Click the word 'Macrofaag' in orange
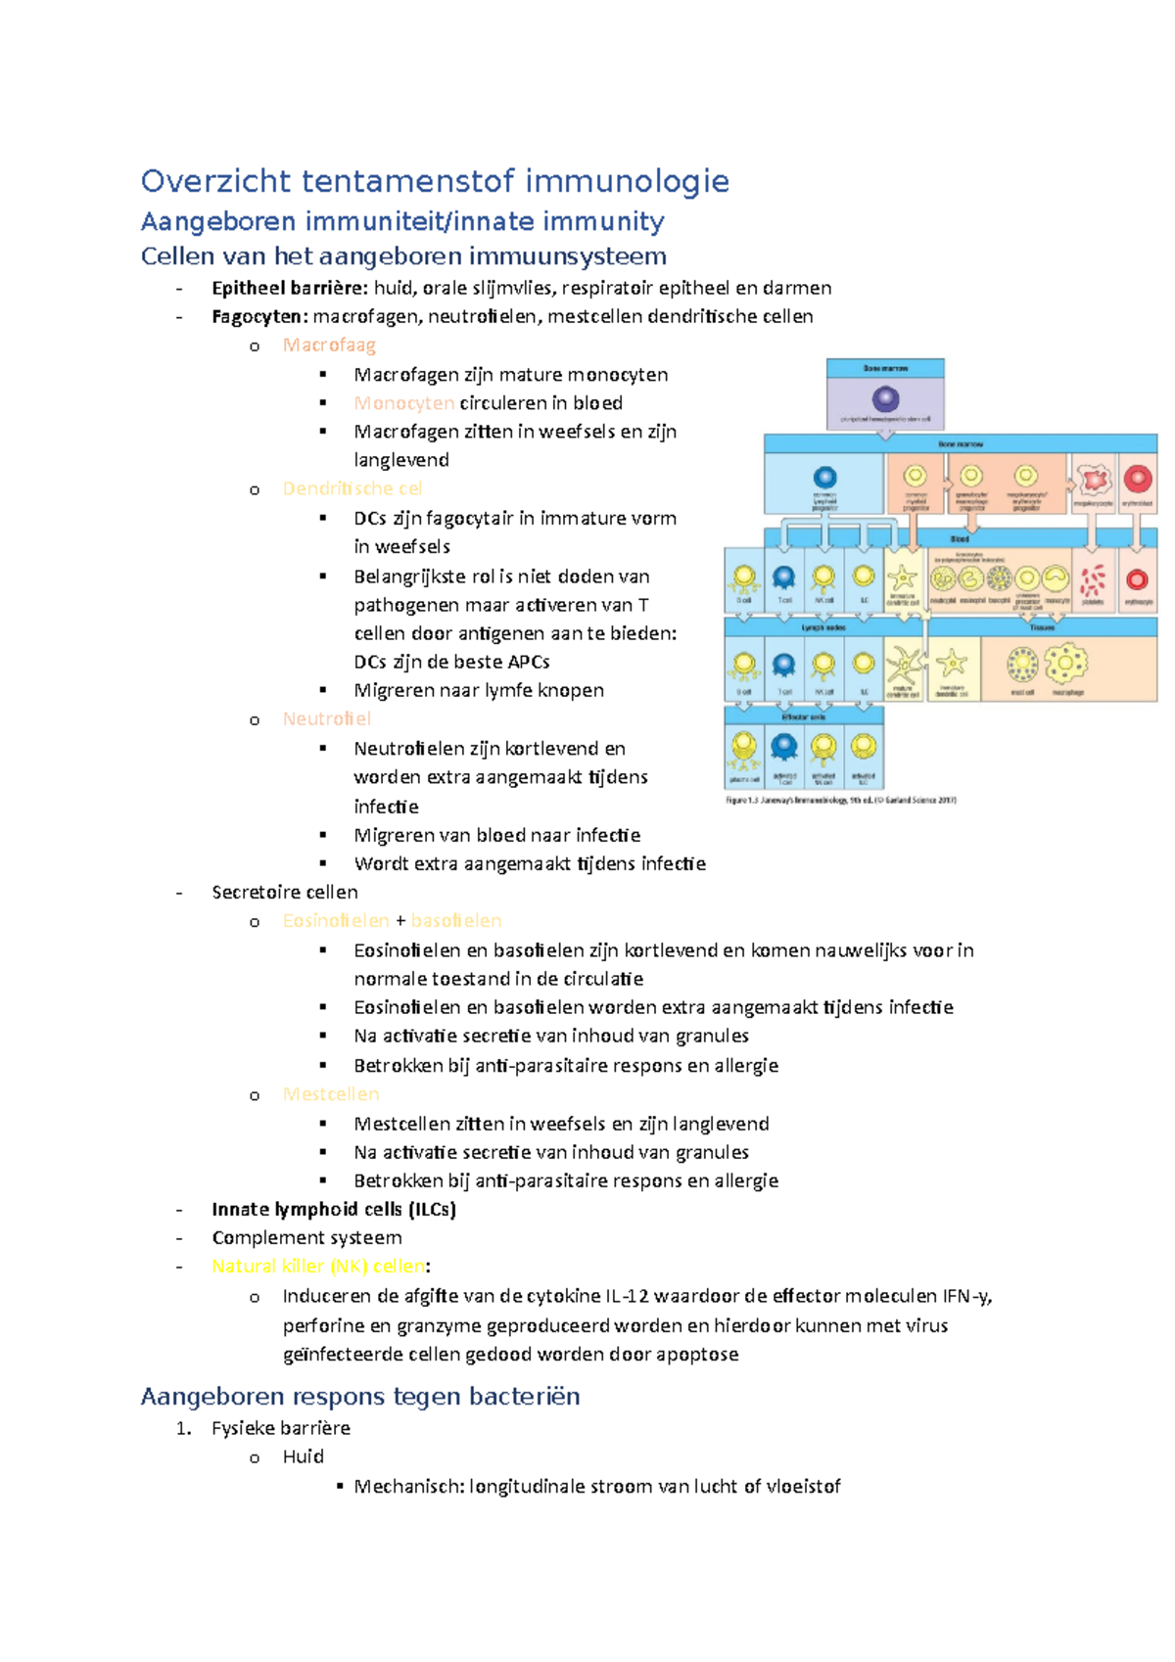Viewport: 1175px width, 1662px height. (x=329, y=345)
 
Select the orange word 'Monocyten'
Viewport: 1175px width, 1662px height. (x=403, y=402)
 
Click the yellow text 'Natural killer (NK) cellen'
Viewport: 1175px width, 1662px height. (x=318, y=1266)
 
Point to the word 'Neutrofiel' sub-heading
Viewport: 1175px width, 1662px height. (x=326, y=718)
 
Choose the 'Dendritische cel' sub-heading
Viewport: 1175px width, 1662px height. (x=352, y=488)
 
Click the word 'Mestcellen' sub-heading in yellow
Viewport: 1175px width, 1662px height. (x=330, y=1093)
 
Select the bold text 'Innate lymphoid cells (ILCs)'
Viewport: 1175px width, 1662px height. (x=334, y=1209)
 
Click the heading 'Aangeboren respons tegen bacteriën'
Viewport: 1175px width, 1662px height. (x=360, y=1396)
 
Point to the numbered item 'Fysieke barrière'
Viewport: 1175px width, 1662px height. (x=280, y=1428)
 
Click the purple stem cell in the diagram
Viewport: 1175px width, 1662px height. (x=885, y=398)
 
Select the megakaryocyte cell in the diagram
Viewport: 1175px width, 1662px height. (x=1094, y=480)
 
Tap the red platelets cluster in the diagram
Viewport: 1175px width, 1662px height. (x=1093, y=579)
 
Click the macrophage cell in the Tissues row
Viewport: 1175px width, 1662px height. (x=1065, y=665)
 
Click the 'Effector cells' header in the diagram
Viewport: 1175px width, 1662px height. (x=804, y=716)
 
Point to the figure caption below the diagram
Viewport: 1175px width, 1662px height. (x=840, y=800)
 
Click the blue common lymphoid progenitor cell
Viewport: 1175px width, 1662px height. (x=825, y=478)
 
